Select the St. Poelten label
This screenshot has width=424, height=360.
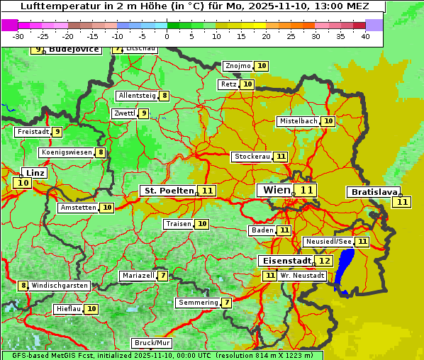(168, 191)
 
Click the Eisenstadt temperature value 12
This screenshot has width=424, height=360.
(324, 261)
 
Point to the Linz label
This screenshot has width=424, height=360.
(35, 173)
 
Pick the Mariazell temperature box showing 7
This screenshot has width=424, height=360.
(163, 276)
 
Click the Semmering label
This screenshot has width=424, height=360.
(198, 303)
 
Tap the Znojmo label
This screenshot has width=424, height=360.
(238, 66)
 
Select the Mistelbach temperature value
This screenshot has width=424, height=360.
(328, 121)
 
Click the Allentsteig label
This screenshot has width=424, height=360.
(137, 96)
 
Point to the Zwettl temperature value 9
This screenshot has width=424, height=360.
(143, 113)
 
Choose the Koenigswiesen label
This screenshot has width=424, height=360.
(67, 152)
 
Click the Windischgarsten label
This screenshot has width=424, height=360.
(60, 286)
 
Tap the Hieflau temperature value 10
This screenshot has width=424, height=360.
(91, 309)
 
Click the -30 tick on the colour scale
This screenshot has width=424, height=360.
(18, 36)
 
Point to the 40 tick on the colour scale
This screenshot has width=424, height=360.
(364, 36)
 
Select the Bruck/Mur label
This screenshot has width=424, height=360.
(152, 343)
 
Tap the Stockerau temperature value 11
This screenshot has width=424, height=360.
(281, 157)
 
